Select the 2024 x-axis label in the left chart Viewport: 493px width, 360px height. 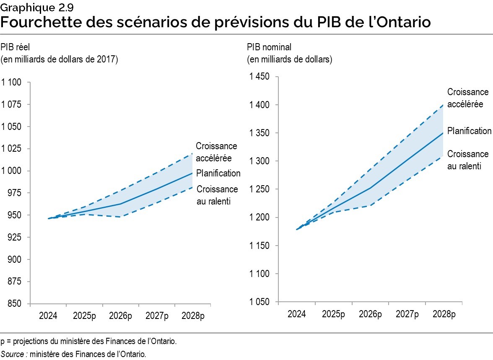49,316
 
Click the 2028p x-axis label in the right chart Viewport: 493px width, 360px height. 444,314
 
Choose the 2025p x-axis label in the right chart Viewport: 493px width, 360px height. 334,314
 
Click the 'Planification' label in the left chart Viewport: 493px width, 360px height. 218,173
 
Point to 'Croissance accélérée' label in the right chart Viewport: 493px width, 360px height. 468,98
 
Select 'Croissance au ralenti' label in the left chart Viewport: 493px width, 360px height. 217,195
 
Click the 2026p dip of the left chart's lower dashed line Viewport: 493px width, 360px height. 121,217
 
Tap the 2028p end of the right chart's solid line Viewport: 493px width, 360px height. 443,133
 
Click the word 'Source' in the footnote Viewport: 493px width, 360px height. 13,354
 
